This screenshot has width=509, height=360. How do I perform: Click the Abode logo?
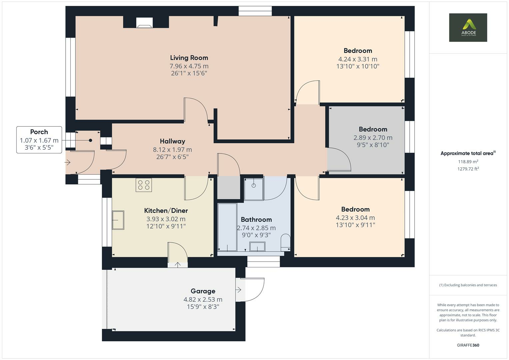468,27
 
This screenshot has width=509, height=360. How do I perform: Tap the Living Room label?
189,58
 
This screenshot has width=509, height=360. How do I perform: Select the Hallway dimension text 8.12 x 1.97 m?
172,150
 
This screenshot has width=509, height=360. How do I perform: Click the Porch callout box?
39,140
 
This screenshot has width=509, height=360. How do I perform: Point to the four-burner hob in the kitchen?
144,185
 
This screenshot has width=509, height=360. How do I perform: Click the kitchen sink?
118,220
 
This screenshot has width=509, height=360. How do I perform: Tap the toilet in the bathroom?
286,242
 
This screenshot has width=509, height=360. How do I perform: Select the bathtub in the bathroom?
227,227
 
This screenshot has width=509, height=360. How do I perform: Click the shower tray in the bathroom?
254,189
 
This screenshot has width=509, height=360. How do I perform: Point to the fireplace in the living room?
145,23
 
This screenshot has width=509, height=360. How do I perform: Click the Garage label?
203,291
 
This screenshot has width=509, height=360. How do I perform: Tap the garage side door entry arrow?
238,290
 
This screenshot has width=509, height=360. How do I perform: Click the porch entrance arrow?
68,163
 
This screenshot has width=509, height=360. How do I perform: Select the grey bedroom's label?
373,129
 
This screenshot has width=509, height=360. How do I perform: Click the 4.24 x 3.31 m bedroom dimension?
358,59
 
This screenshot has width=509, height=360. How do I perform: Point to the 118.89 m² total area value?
468,162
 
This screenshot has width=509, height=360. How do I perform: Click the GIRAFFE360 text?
468,345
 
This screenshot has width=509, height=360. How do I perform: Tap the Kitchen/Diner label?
166,211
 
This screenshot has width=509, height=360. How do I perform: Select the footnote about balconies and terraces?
468,285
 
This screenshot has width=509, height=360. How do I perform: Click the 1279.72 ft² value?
468,169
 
